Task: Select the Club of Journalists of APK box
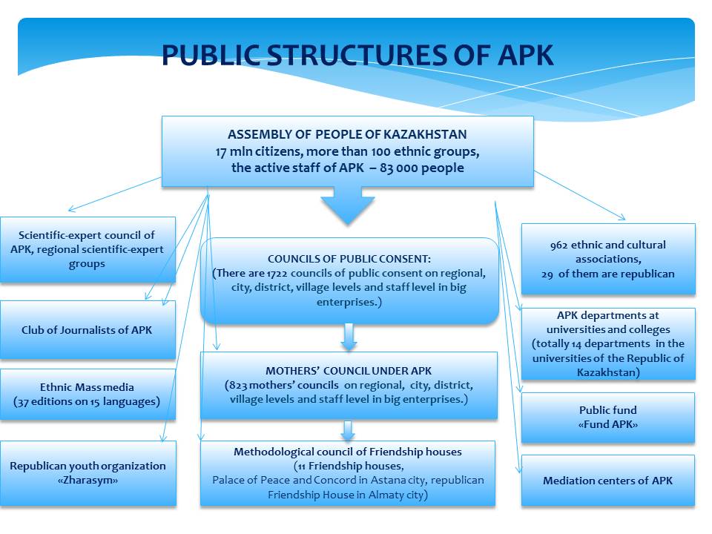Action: (x=88, y=330)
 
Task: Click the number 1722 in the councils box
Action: (x=277, y=274)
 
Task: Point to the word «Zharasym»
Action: (x=88, y=481)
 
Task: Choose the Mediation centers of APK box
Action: (x=608, y=481)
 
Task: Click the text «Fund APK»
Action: (x=608, y=424)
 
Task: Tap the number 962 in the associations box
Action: (x=558, y=245)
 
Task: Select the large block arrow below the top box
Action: (x=348, y=205)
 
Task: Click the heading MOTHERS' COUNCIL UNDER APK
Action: (x=349, y=371)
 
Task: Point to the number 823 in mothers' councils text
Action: (x=238, y=386)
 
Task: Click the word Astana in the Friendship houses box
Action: (x=386, y=480)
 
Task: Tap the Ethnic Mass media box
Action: (x=88, y=394)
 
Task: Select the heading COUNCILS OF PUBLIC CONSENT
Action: (x=349, y=259)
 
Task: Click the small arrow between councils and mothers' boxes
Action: (x=349, y=337)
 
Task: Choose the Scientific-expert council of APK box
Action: (x=88, y=250)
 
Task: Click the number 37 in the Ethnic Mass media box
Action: (x=22, y=402)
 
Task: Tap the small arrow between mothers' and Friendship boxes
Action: (x=348, y=430)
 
